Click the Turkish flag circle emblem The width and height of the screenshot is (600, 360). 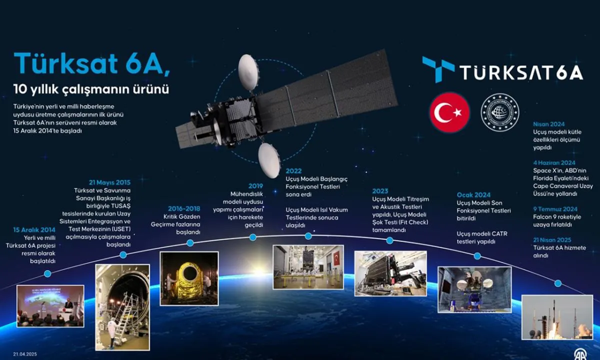pyautogui.click(x=449, y=112)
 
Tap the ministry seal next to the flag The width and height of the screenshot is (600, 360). pyautogui.click(x=500, y=112)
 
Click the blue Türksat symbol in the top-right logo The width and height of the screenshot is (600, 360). pyautogui.click(x=438, y=69)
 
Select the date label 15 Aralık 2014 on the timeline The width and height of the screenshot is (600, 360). pyautogui.click(x=34, y=230)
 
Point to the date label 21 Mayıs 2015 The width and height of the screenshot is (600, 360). pyautogui.click(x=110, y=182)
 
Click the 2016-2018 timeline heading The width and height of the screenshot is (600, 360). pyautogui.click(x=184, y=208)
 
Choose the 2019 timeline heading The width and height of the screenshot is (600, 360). pyautogui.click(x=255, y=186)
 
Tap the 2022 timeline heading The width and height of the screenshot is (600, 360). pyautogui.click(x=293, y=171)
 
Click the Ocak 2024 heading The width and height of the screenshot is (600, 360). pyautogui.click(x=473, y=195)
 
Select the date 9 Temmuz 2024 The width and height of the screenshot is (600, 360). pyautogui.click(x=555, y=209)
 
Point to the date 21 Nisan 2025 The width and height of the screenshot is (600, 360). pyautogui.click(x=552, y=240)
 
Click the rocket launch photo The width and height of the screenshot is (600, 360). pyautogui.click(x=557, y=317)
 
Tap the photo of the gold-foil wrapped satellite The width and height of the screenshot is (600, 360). pyautogui.click(x=189, y=278)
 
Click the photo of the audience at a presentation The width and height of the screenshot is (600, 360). pyautogui.click(x=50, y=306)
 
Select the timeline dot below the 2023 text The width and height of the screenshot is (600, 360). pyautogui.click(x=389, y=240)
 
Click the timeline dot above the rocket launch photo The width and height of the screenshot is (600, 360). pyautogui.click(x=558, y=283)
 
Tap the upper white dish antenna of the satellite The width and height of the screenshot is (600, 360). pyautogui.click(x=248, y=72)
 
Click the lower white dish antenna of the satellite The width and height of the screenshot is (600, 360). pyautogui.click(x=269, y=160)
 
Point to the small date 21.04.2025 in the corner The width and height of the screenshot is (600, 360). pyautogui.click(x=25, y=354)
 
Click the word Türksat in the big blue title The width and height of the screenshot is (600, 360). pyautogui.click(x=65, y=63)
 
